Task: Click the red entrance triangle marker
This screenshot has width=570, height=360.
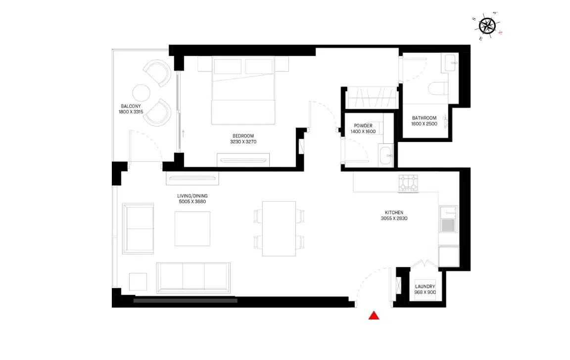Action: [374, 315]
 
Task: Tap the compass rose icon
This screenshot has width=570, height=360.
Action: [487, 25]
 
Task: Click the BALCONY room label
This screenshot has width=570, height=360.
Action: [131, 106]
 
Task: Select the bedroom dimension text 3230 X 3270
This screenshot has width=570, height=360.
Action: [243, 142]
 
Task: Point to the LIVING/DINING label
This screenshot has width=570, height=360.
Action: [192, 196]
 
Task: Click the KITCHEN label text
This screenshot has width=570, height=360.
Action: [394, 213]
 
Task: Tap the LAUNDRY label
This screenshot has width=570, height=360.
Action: [425, 287]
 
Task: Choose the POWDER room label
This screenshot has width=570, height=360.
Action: [363, 126]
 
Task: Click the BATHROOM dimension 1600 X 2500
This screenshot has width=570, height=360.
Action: [424, 124]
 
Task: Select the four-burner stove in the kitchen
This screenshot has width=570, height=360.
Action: [409, 183]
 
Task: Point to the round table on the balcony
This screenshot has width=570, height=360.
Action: [141, 93]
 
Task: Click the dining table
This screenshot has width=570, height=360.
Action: [279, 228]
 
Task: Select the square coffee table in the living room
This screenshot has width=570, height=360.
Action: [192, 229]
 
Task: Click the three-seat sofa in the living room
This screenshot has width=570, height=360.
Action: [193, 278]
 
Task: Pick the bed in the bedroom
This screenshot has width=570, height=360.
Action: [243, 90]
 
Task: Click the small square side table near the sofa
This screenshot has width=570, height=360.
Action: [138, 281]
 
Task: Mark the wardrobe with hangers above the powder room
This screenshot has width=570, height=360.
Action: [371, 97]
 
